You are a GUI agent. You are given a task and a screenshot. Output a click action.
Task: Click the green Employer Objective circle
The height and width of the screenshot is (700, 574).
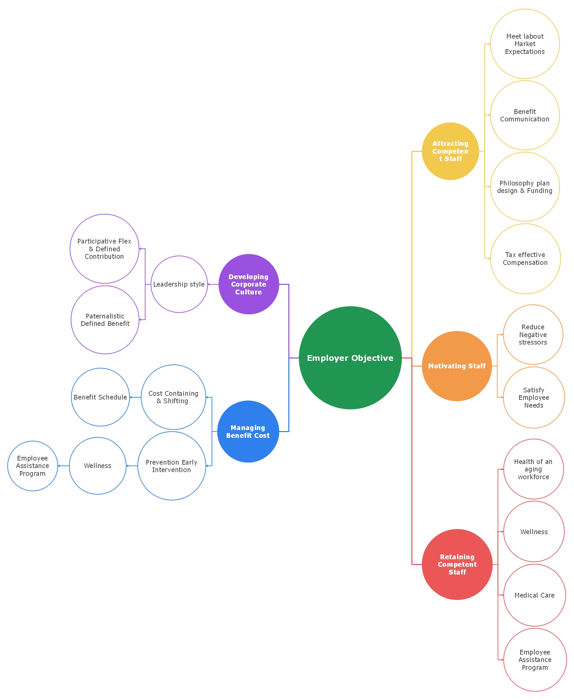pos(350,358)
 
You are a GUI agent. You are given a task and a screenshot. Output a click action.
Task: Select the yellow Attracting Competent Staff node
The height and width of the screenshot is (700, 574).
pos(450,151)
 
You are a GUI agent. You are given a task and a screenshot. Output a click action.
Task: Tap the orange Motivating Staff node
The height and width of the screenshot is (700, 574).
pos(456,366)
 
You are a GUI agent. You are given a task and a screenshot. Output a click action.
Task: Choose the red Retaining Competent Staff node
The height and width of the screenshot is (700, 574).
pos(457,564)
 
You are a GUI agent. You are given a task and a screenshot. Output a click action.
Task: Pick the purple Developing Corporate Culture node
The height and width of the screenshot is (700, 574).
pos(248,284)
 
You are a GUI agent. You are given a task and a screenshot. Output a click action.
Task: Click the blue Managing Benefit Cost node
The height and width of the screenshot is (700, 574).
pos(248,431)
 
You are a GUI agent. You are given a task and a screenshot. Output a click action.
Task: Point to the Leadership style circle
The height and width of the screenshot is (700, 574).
pos(179,284)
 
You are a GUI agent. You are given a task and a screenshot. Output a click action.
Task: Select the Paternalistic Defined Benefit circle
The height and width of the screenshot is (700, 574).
pos(105,320)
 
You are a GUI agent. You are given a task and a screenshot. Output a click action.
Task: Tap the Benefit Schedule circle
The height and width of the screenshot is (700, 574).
pos(100,397)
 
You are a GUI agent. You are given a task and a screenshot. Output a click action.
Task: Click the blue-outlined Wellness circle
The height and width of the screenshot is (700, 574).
pos(98,466)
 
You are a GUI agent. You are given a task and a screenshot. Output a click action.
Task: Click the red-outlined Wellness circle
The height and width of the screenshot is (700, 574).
pos(534,532)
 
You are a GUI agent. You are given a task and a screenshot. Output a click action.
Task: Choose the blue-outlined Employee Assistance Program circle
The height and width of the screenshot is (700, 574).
pos(33,466)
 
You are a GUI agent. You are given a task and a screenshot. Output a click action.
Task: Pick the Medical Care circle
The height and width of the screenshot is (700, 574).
pos(534,595)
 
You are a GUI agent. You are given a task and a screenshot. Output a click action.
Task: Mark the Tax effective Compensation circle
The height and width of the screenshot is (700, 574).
pos(525,258)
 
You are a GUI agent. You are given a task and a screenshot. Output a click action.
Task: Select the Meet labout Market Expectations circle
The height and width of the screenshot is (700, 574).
pos(525,44)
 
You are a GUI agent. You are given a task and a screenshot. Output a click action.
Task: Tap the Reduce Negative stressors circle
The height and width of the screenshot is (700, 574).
pos(533,334)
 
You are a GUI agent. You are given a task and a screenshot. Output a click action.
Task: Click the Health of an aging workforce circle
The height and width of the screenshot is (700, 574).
pos(533,469)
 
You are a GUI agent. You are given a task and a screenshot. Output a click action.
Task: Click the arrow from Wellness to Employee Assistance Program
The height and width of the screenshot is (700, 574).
pos(63,466)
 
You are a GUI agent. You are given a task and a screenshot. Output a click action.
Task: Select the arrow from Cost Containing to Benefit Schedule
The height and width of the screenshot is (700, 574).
pos(135,397)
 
